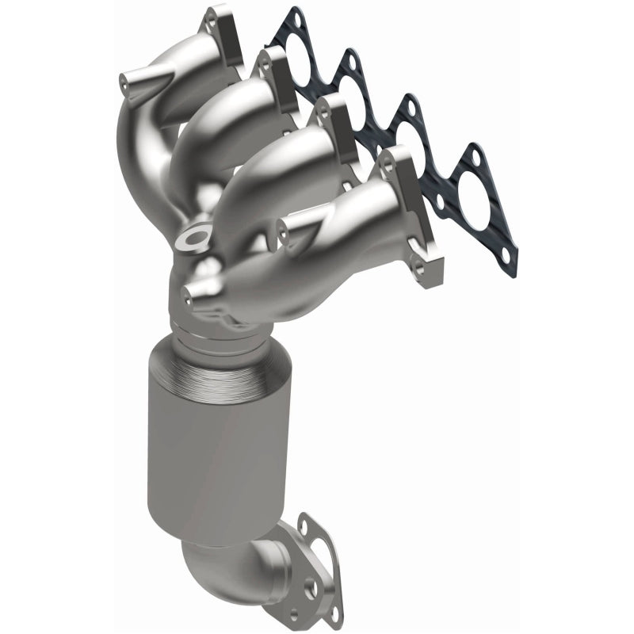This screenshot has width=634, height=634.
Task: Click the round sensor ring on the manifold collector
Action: (x=193, y=236)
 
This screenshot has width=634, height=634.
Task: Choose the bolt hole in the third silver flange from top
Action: (x=324, y=113)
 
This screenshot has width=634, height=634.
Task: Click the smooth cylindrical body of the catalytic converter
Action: (x=214, y=460)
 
